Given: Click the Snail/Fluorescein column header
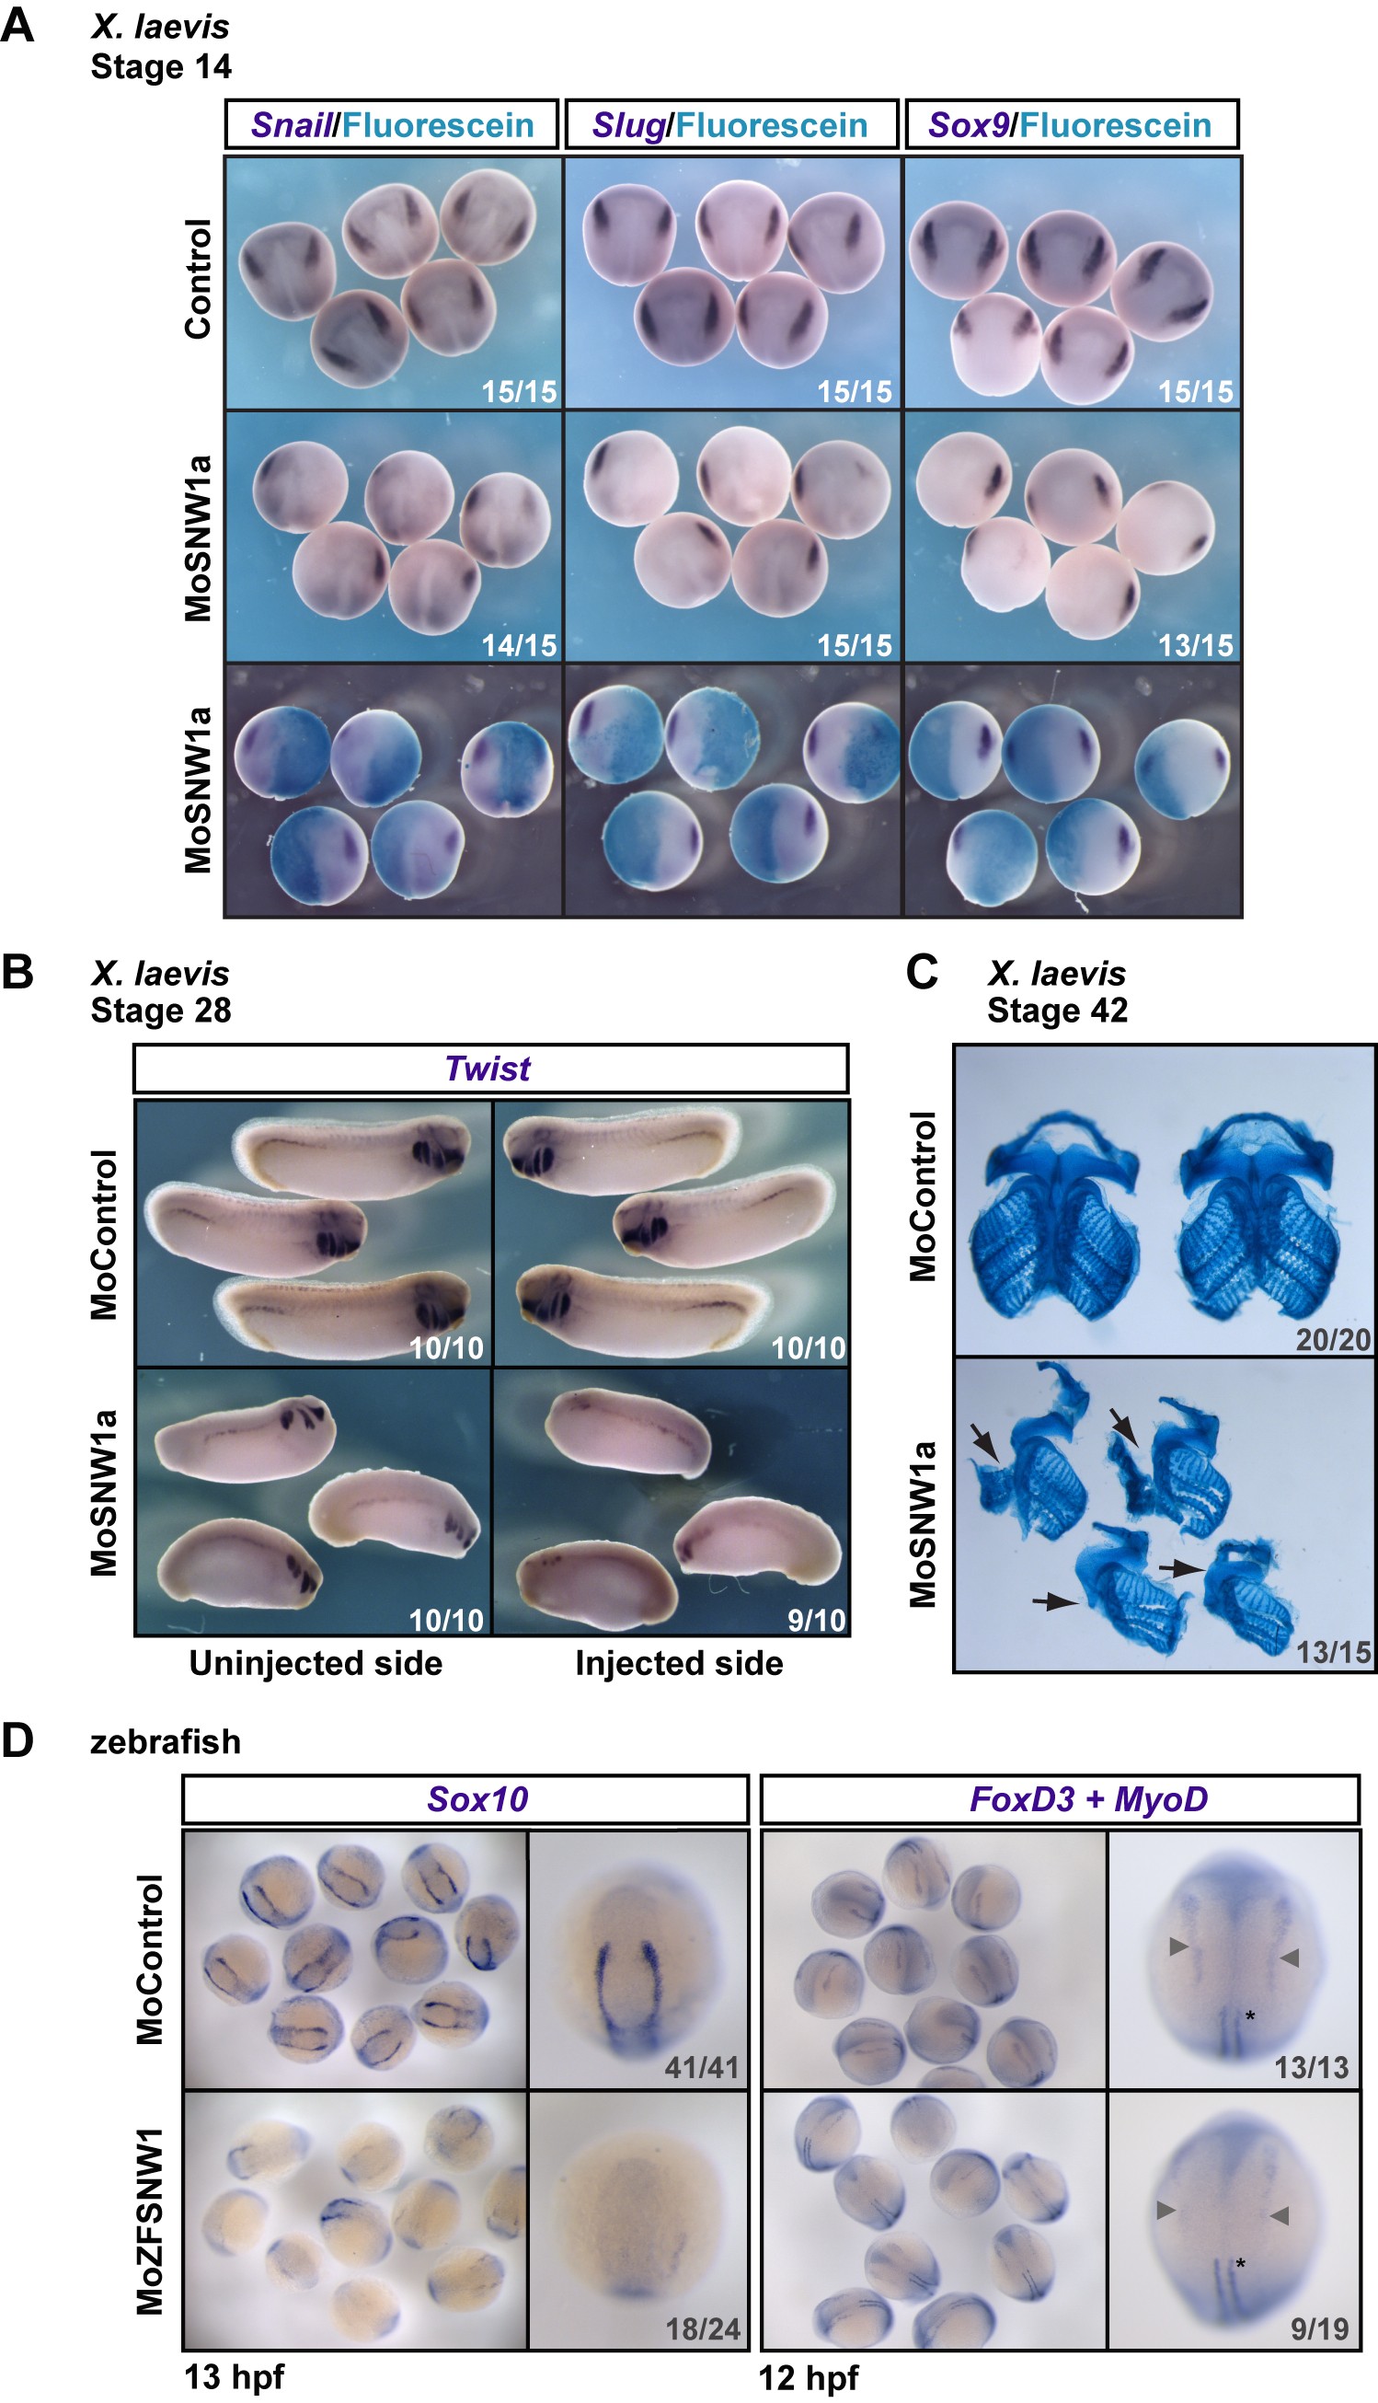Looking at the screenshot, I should click(x=392, y=125).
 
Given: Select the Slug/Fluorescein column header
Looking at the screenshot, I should click(x=730, y=125).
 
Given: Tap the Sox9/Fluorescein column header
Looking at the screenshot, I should click(x=1071, y=125).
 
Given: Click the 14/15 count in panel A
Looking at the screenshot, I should click(x=519, y=646).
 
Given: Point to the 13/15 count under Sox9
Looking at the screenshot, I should click(x=1195, y=646).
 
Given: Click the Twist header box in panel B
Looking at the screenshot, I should click(x=489, y=1068).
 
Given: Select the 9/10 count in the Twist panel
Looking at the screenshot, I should click(x=816, y=1620).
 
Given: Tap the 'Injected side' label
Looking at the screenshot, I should click(x=679, y=1664).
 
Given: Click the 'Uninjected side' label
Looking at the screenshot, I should click(x=316, y=1664).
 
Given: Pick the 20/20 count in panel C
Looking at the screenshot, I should click(x=1333, y=1340).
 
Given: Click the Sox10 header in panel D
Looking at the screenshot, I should click(x=477, y=1799).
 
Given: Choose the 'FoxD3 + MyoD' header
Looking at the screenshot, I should click(x=1088, y=1799).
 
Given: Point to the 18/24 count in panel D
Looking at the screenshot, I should click(x=702, y=2328).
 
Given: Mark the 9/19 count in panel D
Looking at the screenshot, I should click(x=1319, y=2328).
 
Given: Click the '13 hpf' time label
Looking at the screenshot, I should click(x=234, y=2376).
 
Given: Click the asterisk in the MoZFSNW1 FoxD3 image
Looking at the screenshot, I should click(x=1240, y=2264).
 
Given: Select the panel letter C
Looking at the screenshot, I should click(x=922, y=972).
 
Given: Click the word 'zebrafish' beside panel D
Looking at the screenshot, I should click(x=166, y=1742).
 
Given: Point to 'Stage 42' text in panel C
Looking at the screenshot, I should click(x=1057, y=1011).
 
